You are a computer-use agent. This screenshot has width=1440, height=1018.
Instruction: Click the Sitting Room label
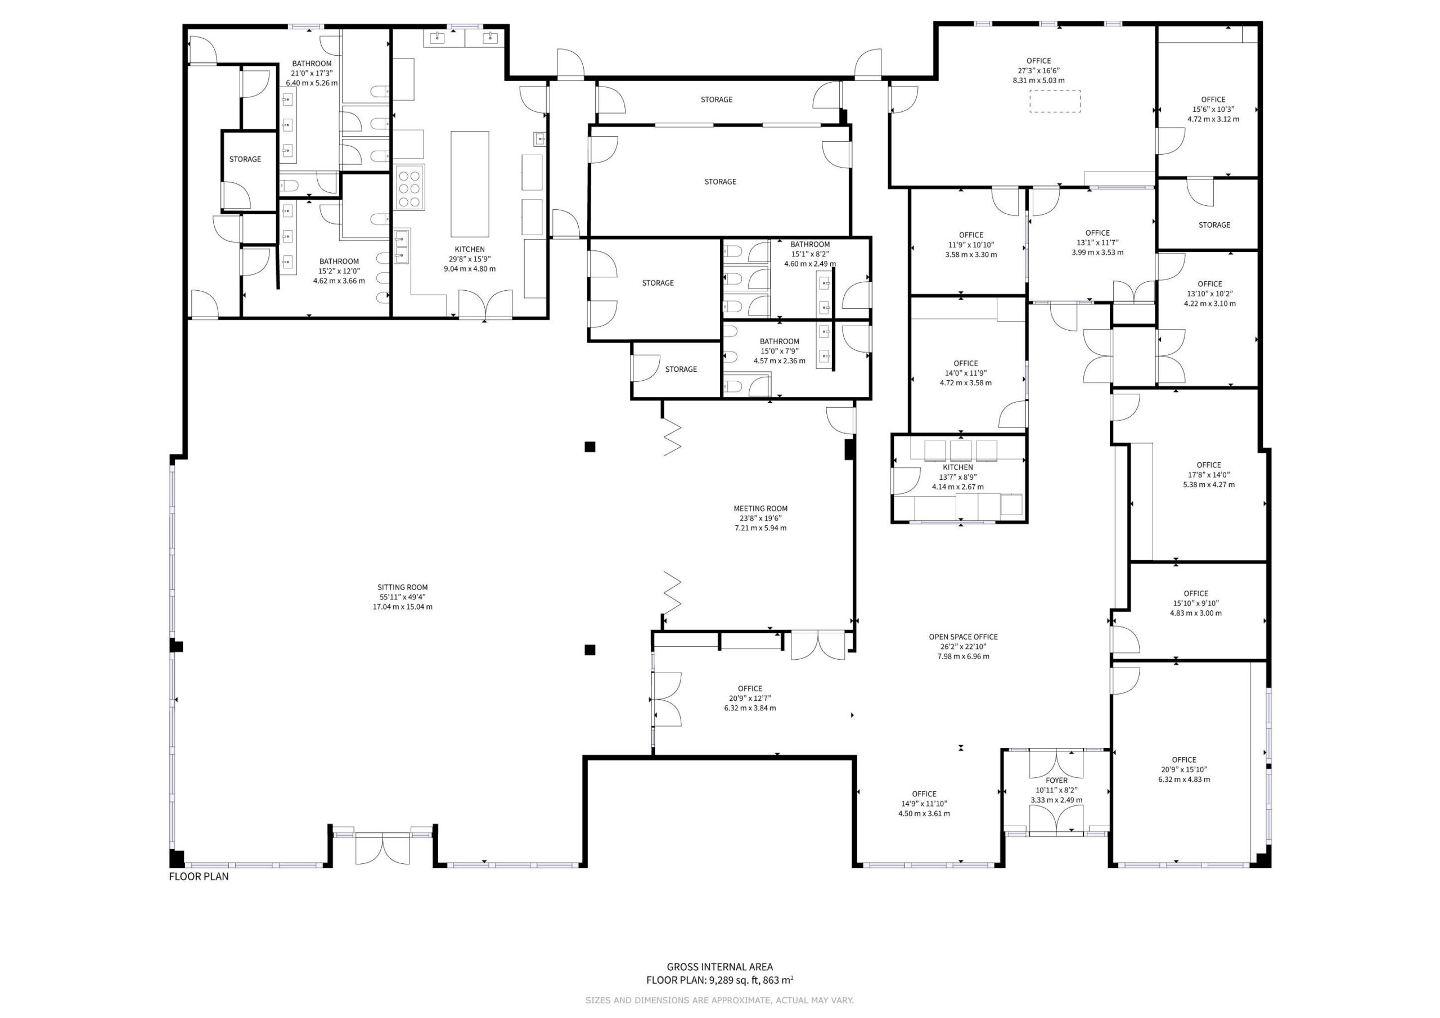point(403,588)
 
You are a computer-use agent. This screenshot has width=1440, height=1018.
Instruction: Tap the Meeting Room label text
point(760,508)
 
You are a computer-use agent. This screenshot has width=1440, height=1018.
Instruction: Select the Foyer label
point(1057,781)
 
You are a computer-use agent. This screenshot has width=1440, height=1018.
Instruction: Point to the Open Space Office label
point(964,637)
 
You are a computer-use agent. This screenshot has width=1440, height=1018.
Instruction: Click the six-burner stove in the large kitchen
point(409,187)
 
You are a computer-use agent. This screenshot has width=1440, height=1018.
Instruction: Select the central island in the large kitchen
point(470,175)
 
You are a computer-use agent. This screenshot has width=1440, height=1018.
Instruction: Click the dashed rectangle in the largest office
point(1055,102)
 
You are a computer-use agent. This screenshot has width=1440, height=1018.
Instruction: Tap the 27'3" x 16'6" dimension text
point(1038,71)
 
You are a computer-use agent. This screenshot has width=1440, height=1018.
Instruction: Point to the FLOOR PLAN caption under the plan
point(199,877)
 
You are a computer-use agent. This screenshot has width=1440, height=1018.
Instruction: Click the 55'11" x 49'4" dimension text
point(403,597)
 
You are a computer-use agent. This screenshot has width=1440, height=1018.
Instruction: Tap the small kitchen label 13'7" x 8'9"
point(958,477)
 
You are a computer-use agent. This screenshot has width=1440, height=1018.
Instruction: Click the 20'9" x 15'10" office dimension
point(1184,769)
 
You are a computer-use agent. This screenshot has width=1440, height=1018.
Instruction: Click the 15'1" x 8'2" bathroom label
point(809,254)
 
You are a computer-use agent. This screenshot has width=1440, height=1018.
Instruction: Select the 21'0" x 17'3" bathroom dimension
point(312,73)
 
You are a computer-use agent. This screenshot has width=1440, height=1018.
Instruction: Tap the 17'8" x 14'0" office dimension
point(1209,475)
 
